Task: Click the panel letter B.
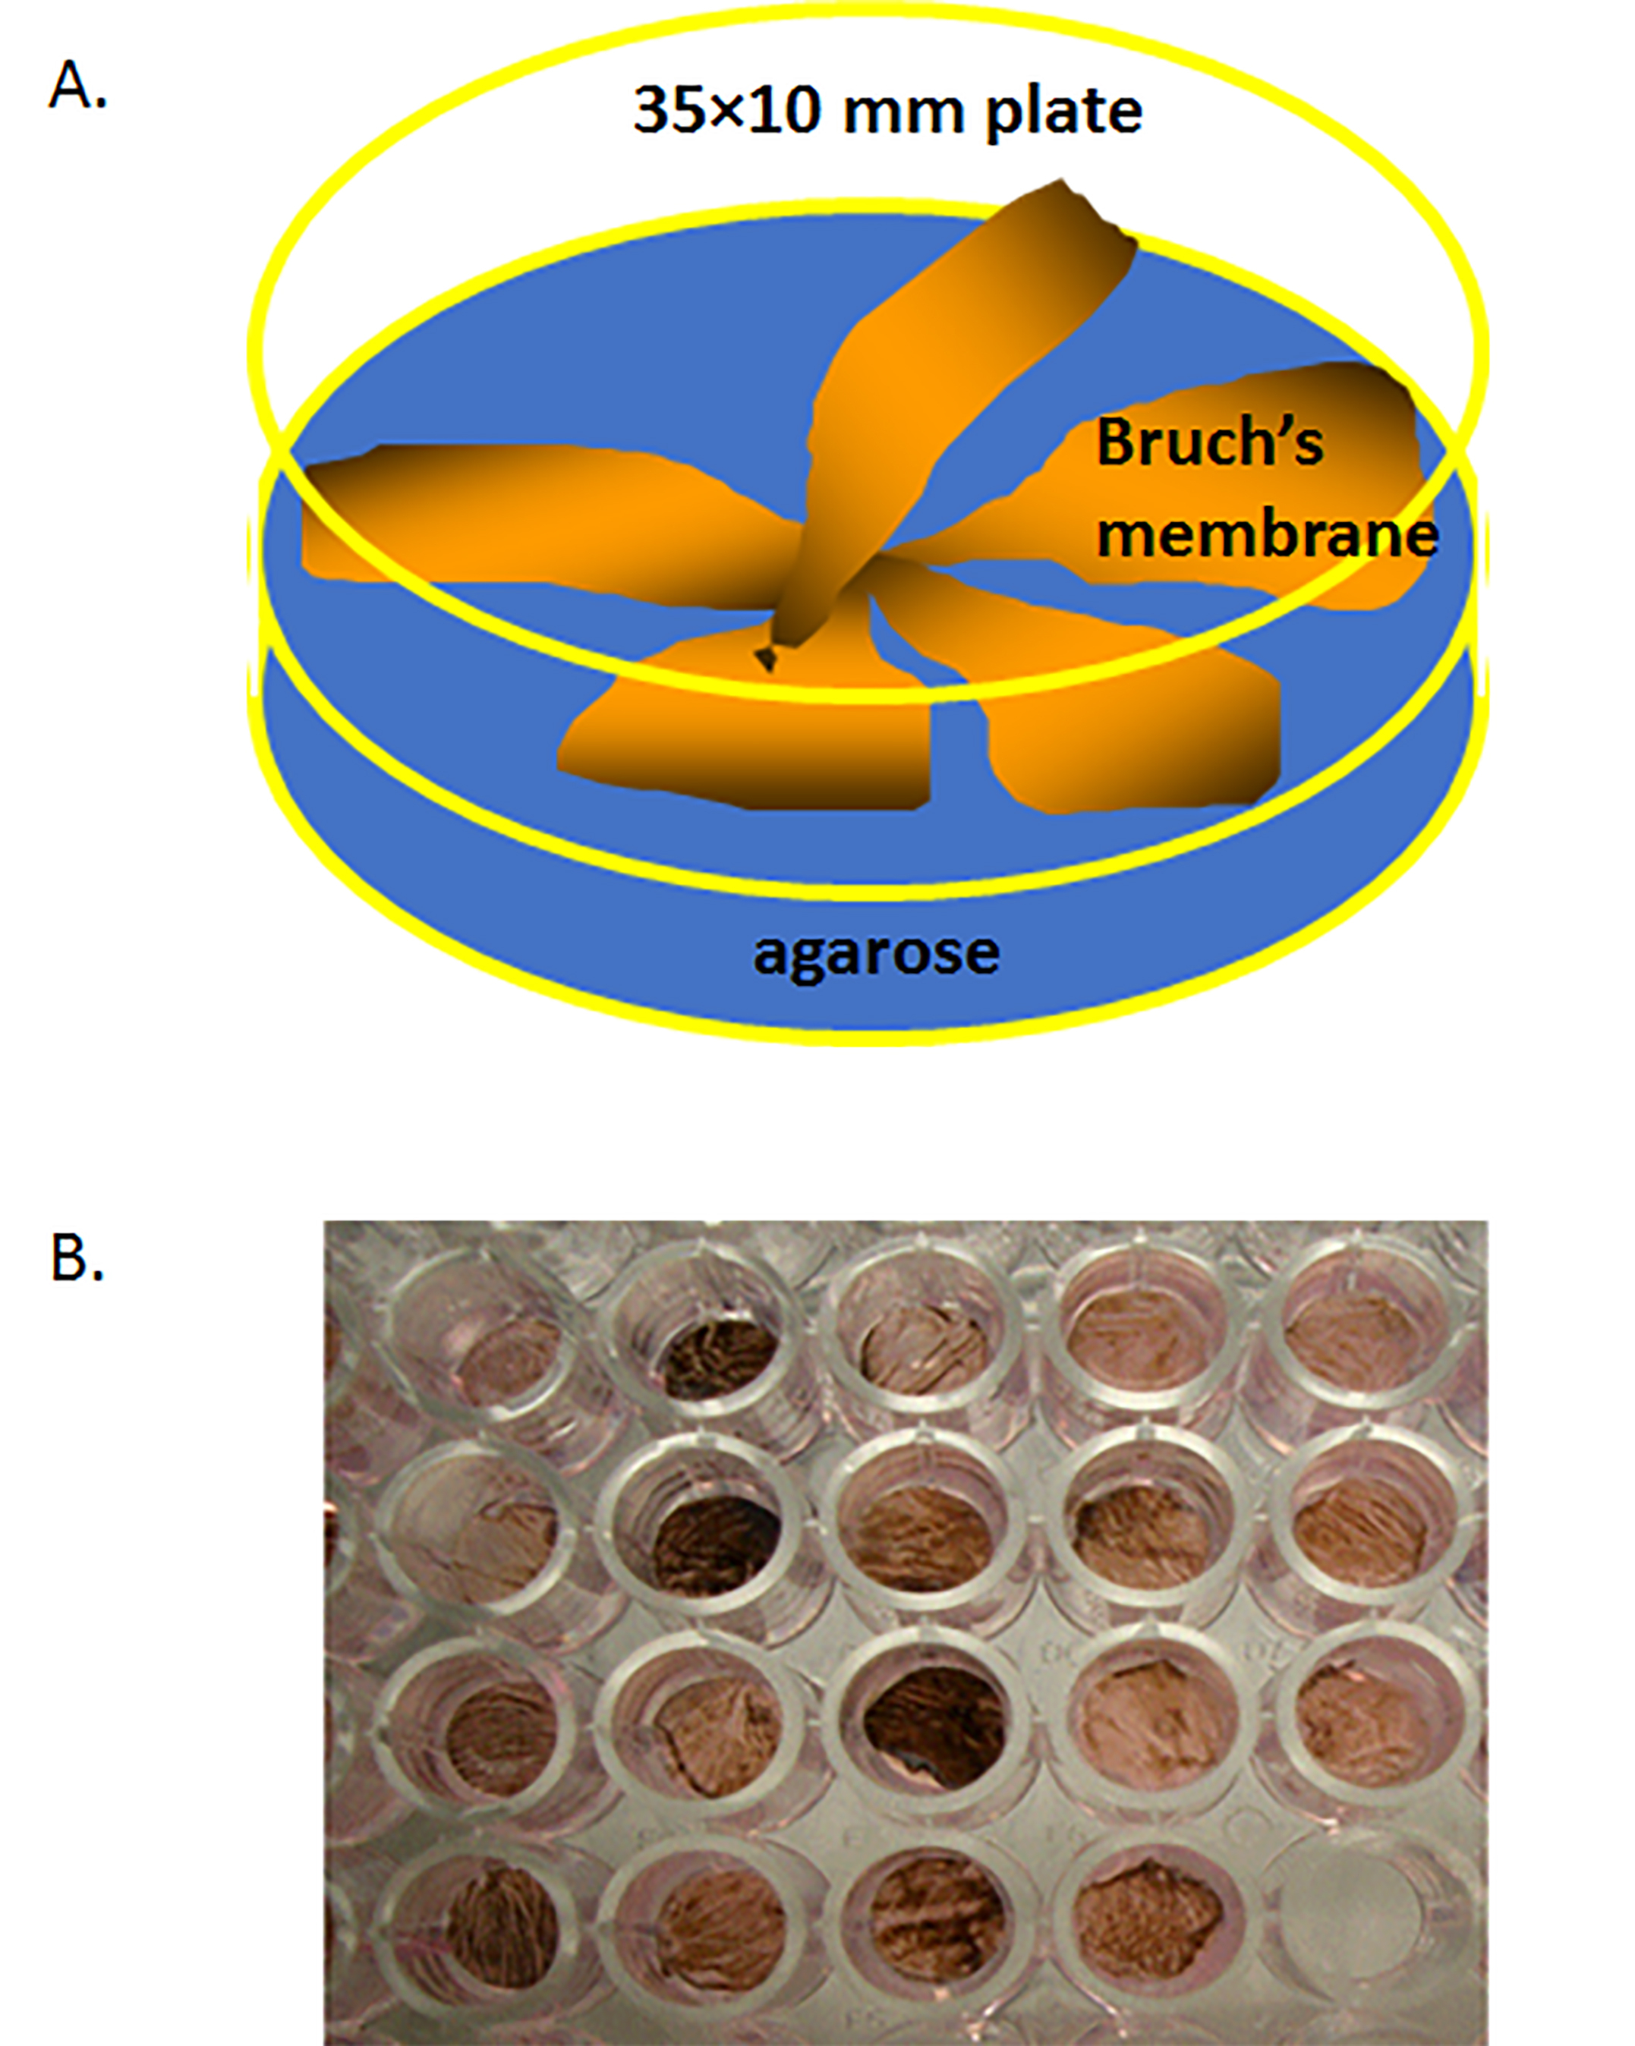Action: (x=76, y=1258)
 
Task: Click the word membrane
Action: (x=1267, y=534)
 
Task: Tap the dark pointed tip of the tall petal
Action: (x=765, y=658)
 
